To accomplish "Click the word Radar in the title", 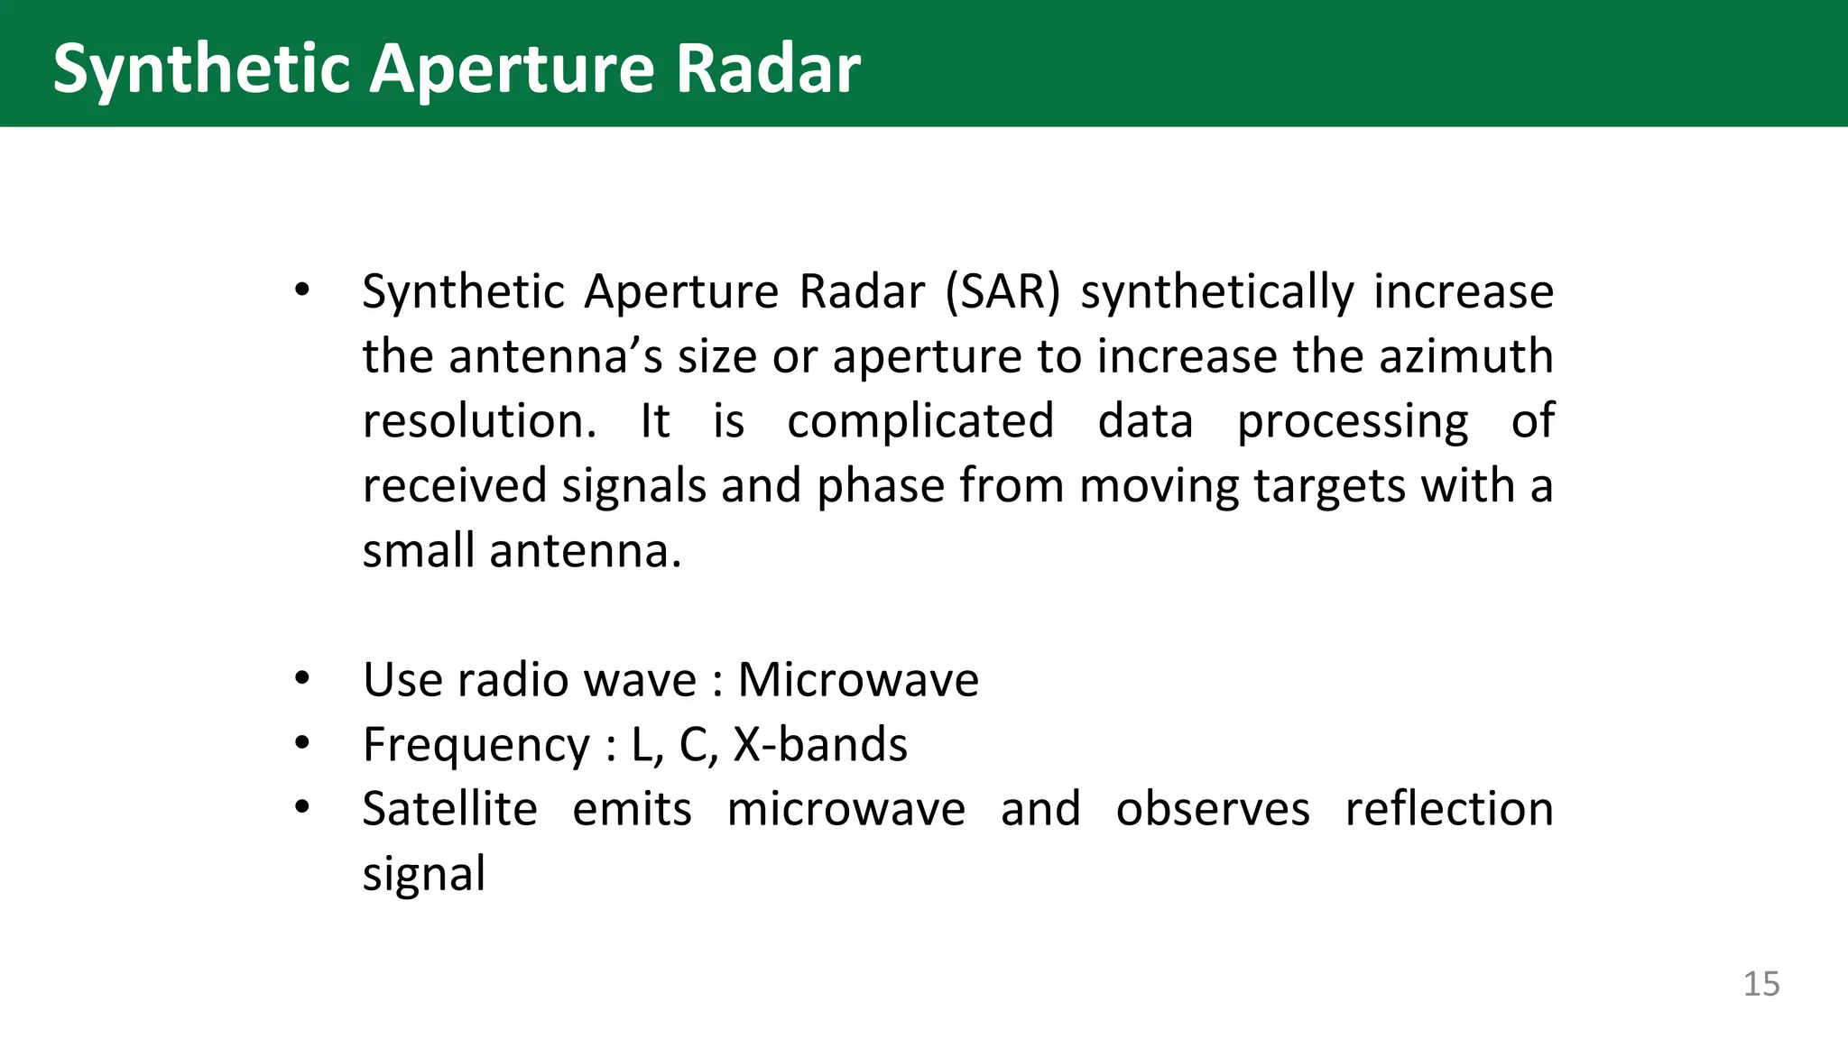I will point(768,69).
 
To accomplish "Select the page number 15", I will point(1760,984).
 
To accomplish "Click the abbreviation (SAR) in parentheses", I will point(1003,292).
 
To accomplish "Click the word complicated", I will point(919,421).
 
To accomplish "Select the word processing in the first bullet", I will point(1352,421).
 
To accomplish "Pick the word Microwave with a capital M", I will point(857,680).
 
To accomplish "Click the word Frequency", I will point(476,745).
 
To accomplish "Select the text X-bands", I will point(819,745).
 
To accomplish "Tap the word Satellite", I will point(449,809).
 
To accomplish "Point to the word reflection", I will point(1448,809).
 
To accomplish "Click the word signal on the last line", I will point(423,874).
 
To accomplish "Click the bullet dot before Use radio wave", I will point(302,678).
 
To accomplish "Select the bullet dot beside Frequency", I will point(302,743).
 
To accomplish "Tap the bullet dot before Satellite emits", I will point(302,807).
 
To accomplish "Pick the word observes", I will point(1212,809).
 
